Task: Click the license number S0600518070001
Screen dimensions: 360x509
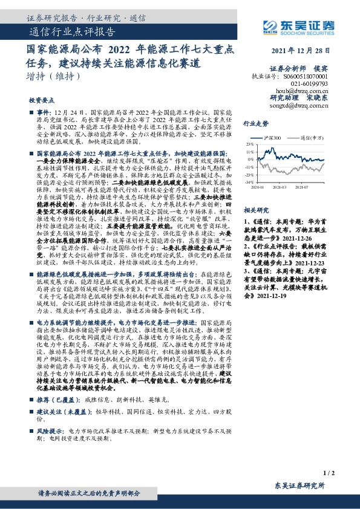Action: (305, 77)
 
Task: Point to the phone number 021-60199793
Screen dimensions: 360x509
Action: (309, 83)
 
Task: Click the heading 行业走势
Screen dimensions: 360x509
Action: (255, 123)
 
